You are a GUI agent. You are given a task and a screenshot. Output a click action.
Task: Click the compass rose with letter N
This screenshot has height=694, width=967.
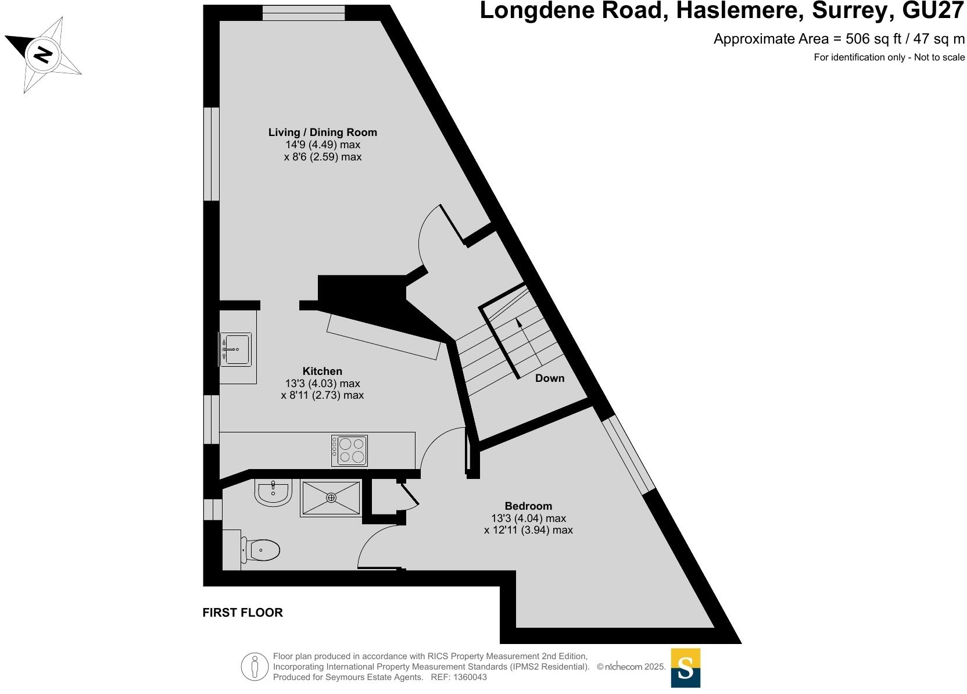coord(42,55)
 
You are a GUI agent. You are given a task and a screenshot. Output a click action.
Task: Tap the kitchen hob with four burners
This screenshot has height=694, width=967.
coord(349,450)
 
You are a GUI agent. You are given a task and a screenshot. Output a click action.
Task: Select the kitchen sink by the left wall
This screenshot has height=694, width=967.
coord(236,349)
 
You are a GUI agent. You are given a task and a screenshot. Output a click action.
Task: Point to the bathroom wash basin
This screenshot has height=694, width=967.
coord(273,493)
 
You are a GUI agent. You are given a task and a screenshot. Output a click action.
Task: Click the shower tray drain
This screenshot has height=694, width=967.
coord(331,498)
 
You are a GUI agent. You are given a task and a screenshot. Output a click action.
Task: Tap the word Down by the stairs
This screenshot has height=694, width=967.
coord(550,378)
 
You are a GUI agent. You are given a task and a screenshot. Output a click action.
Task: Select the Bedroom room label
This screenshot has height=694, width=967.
coord(528,506)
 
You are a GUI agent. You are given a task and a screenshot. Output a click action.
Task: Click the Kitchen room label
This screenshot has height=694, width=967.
coord(323,371)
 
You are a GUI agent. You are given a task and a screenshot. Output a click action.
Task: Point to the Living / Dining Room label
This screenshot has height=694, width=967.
coord(323,133)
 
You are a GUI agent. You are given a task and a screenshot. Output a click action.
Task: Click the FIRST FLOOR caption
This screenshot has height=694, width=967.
coord(242,613)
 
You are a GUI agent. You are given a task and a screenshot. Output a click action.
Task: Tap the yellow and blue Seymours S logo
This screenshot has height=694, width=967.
coord(685,668)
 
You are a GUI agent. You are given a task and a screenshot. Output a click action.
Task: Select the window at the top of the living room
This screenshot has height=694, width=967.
coord(303,13)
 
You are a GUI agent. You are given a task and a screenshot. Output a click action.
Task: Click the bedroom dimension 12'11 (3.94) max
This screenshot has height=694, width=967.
coord(528,530)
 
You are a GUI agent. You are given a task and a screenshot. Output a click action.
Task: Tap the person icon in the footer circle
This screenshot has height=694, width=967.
coord(255,667)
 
